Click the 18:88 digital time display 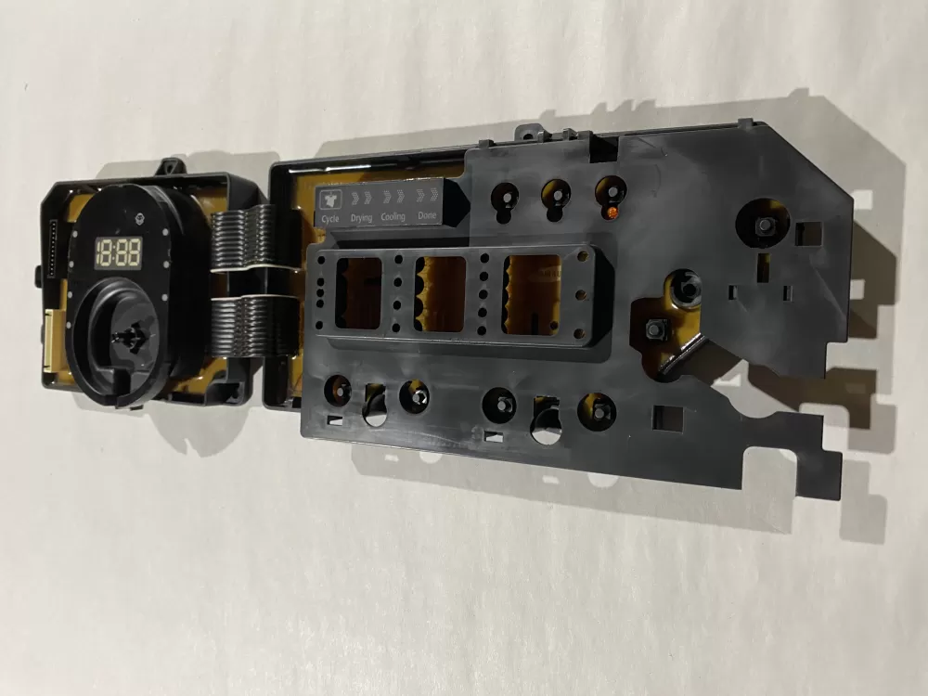(120, 251)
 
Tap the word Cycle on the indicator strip (329, 219)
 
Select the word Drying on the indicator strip (362, 218)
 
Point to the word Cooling (393, 217)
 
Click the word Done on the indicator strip (427, 216)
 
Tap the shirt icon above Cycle (330, 198)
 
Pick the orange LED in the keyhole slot (612, 213)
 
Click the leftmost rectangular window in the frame (358, 293)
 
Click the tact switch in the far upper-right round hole (767, 226)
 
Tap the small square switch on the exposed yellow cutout (654, 329)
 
